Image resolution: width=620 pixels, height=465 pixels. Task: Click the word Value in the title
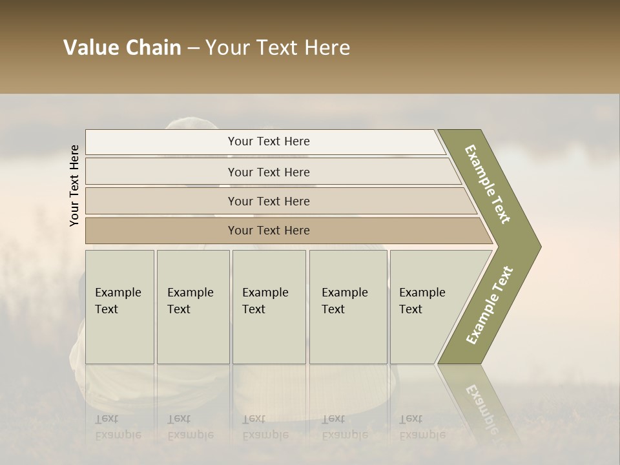point(88,48)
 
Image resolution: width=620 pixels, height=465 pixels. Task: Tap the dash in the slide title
point(193,48)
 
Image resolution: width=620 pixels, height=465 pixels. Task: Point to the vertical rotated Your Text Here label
point(74,185)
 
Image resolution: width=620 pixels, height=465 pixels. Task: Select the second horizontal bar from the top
point(269,172)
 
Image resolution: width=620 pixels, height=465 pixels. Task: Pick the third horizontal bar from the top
point(269,201)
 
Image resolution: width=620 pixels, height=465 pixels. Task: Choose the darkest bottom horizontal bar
point(269,231)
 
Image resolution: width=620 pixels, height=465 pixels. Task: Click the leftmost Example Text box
point(119,306)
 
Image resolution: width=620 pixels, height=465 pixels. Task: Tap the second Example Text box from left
point(192,306)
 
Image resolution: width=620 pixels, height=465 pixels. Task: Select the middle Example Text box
point(269,306)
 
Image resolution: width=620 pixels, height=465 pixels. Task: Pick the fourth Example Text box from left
point(348,306)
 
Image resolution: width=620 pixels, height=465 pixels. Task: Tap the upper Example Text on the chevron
point(488,184)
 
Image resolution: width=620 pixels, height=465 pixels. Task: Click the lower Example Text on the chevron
point(490,305)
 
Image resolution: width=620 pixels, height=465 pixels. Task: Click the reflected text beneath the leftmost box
point(118,427)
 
